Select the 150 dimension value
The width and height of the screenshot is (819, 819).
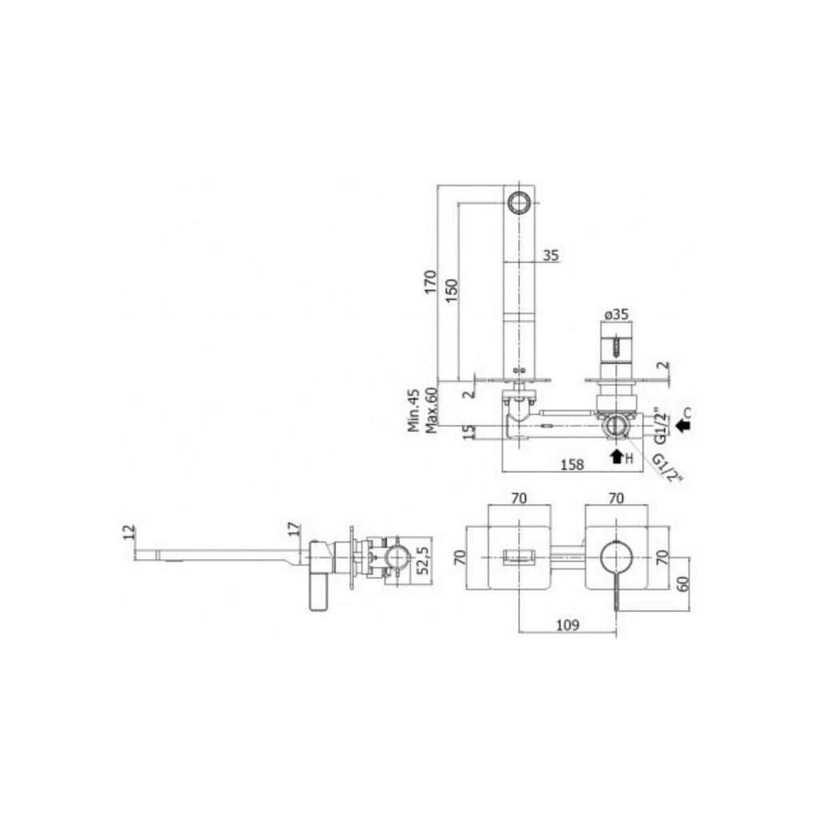451,290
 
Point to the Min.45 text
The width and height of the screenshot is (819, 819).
414,409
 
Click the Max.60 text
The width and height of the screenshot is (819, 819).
432,409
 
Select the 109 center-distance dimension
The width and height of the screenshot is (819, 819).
567,625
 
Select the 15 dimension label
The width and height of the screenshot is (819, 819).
470,431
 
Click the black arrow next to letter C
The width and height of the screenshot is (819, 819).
681,425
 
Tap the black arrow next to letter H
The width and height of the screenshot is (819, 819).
616,457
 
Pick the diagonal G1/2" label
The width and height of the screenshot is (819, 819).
666,469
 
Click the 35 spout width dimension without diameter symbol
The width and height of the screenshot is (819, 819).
550,256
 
